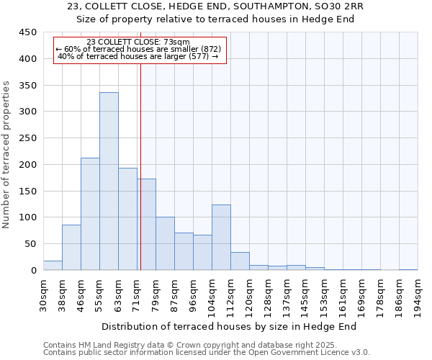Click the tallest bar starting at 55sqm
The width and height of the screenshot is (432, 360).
coord(109,181)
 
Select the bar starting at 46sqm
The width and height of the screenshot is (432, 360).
coord(90,214)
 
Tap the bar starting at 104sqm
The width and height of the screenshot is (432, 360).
coord(221,238)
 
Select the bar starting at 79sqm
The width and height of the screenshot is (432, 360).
coord(165,243)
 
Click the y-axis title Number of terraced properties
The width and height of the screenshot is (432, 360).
coord(6,154)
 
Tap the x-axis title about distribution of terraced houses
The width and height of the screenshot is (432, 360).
coord(234,326)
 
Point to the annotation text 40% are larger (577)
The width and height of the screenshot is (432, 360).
coord(138,56)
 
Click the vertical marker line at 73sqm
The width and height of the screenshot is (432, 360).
coord(140,166)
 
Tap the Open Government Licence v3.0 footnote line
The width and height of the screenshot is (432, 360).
coord(207,353)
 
